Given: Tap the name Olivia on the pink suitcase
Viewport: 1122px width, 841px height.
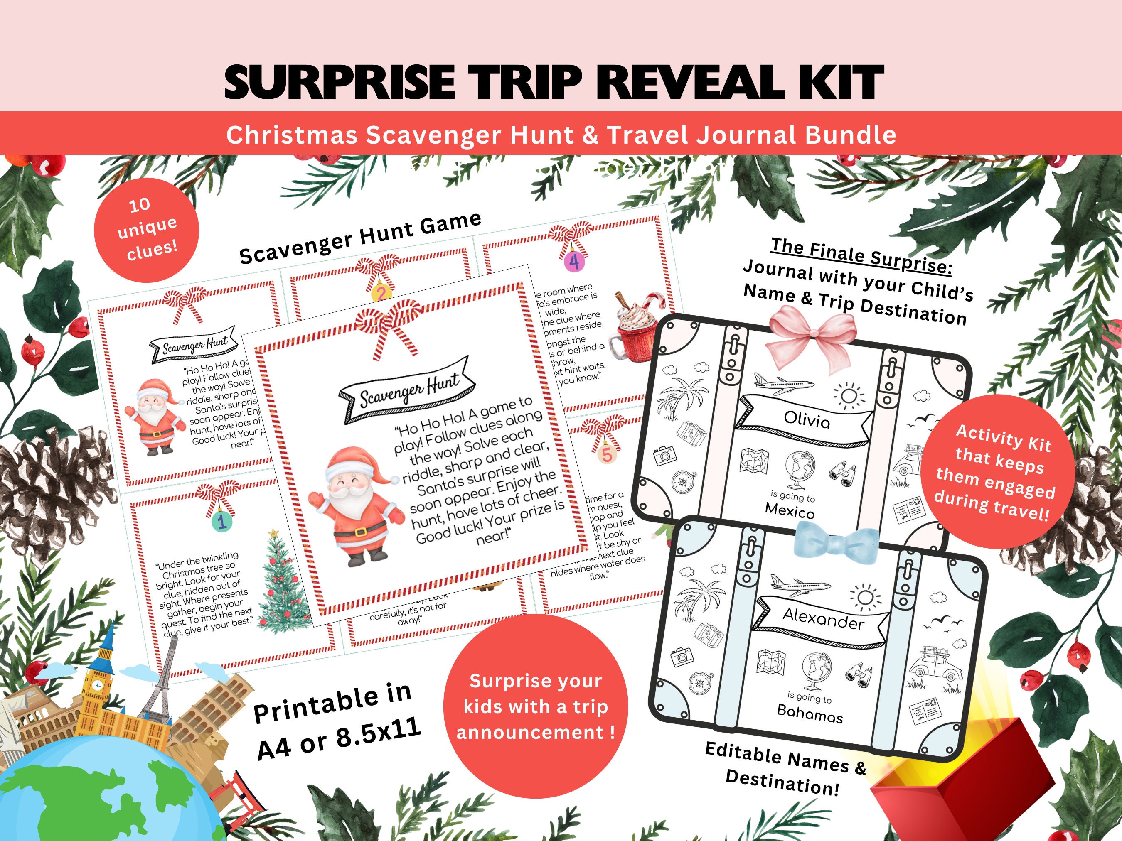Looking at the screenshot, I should coord(807,420).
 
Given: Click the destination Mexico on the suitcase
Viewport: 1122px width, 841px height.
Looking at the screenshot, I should coord(790,510).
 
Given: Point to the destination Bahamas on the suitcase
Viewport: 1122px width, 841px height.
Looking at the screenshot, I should coord(810,713).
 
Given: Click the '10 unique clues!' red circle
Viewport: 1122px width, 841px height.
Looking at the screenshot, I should coord(147,230).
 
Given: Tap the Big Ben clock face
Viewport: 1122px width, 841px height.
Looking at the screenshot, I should coord(97,685).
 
